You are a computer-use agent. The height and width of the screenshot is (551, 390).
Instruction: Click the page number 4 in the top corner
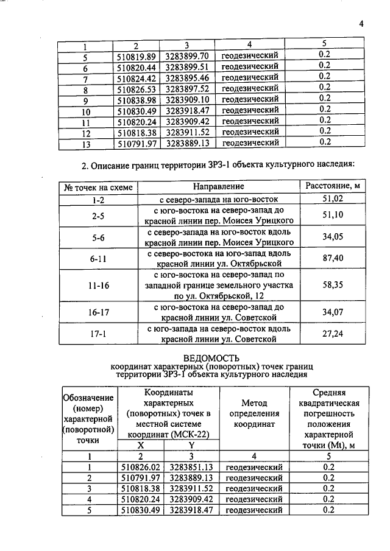coord(361,24)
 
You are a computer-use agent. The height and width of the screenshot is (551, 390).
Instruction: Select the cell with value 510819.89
coord(136,55)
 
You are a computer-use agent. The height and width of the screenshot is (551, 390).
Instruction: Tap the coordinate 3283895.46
coord(188,77)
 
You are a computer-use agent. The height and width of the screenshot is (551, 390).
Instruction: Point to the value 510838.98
coord(136,99)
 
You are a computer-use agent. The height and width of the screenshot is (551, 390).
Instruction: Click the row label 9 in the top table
coord(85,100)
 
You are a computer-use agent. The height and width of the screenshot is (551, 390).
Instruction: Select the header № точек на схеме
coord(98,187)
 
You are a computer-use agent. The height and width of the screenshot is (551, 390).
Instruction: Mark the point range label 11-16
coord(98,285)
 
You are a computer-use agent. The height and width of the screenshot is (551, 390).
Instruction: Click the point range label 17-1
coord(98,334)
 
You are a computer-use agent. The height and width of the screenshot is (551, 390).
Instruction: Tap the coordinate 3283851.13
coord(192,467)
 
